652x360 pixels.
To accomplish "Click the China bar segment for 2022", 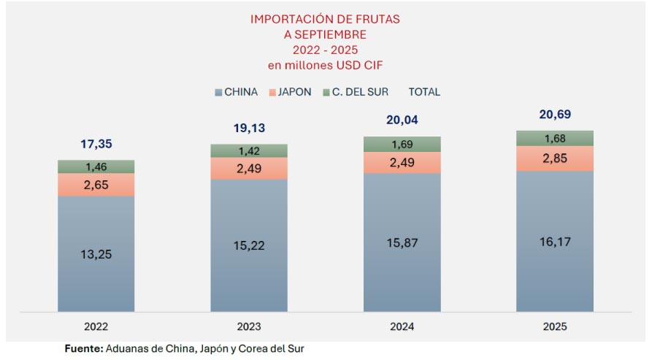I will click(96, 253).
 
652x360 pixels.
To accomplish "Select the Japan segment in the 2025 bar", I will click(554, 158).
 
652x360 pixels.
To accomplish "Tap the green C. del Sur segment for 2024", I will click(402, 144).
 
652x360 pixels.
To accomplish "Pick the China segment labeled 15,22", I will click(249, 245).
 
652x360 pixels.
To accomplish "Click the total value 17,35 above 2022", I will click(96, 145).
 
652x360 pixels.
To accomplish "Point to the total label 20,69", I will click(554, 115).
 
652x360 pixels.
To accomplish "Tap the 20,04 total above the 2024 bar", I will click(402, 120).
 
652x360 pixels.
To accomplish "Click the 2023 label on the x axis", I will click(249, 326).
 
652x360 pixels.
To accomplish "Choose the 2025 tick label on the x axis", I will click(554, 326).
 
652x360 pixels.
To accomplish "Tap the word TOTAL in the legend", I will click(424, 92).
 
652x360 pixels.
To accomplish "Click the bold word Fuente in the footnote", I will click(83, 349).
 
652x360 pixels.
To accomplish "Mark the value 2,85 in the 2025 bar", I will click(554, 158).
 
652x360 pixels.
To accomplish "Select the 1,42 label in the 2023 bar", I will click(249, 151).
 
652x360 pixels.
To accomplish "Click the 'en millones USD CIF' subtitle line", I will click(326, 65).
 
